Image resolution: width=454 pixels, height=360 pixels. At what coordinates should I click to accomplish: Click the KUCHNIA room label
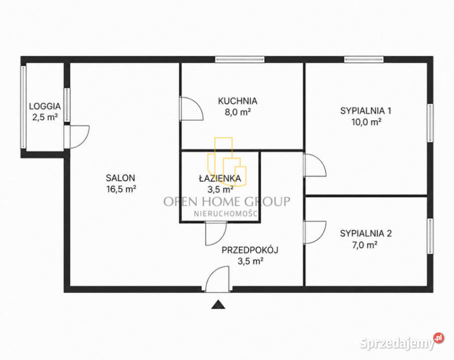pos(237,101)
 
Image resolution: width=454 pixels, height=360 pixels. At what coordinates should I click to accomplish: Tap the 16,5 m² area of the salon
pos(121,189)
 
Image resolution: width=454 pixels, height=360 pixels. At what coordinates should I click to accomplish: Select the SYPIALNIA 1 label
pos(366,110)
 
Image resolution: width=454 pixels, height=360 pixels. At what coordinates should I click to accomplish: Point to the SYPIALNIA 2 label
pos(366,233)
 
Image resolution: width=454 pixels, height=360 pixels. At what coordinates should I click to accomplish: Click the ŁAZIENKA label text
pos(220,178)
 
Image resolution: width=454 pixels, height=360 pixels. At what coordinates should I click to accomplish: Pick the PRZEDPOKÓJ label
pos(250,250)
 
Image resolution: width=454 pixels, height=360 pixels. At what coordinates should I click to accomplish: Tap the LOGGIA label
pos(45,106)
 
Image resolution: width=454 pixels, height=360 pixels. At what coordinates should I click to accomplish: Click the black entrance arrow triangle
pos(218,305)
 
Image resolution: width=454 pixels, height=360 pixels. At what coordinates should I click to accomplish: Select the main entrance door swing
pos(217,278)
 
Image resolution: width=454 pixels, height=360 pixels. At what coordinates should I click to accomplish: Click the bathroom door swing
pos(216,233)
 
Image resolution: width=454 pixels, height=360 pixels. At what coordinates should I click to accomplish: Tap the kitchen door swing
pos(191,108)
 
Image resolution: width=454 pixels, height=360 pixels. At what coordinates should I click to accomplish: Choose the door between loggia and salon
pos(77,137)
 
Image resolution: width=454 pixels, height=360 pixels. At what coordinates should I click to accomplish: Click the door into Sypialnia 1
pos(315,165)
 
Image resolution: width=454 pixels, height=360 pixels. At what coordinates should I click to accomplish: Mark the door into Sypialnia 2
pos(315,232)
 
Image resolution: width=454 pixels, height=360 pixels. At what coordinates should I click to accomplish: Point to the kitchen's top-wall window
pos(240,59)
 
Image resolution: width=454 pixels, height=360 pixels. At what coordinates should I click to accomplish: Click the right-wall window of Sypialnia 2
pos(430,236)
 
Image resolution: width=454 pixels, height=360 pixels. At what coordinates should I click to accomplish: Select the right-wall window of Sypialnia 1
pos(430,123)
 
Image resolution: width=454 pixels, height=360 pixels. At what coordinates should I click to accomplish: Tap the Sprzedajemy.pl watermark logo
pos(401,342)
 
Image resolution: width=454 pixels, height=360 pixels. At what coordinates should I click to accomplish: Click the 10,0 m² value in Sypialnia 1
pos(366,122)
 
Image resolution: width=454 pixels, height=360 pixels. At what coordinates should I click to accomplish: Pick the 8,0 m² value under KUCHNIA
pos(238,112)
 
